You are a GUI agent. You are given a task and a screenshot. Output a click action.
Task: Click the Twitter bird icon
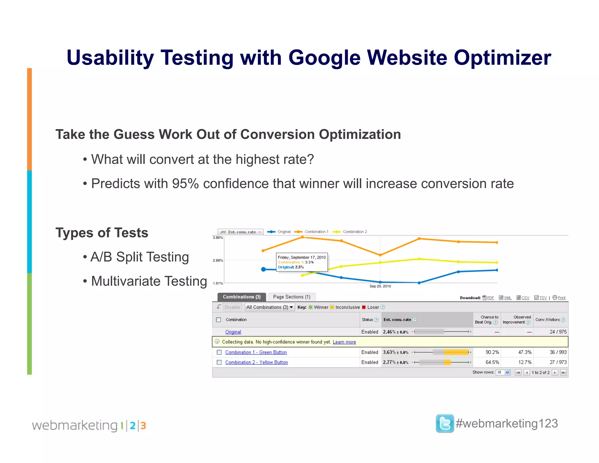tap(445, 423)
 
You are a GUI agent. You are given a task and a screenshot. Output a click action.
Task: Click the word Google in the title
tap(324, 58)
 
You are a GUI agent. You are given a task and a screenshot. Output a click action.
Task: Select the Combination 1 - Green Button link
tap(256, 352)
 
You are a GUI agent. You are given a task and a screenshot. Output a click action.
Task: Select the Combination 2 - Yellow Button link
tap(257, 362)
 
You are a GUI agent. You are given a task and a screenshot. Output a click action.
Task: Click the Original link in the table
tap(233, 332)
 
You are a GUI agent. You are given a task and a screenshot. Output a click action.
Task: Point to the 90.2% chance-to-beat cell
tap(492, 352)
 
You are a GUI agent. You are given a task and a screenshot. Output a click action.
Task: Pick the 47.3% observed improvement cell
tap(525, 352)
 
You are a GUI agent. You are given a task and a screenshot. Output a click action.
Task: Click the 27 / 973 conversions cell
tap(558, 362)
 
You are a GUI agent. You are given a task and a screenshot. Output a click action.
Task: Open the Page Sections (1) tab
tap(292, 297)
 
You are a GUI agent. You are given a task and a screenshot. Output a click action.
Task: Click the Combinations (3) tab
tap(242, 297)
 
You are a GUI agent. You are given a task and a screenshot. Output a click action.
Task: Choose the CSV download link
tap(525, 298)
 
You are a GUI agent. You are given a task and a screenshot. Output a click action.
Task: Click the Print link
tap(561, 298)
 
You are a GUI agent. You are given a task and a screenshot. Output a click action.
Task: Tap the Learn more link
tap(344, 342)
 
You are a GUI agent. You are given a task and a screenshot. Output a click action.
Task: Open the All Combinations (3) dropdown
tap(269, 307)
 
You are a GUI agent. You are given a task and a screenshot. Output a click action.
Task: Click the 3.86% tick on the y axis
tap(218, 238)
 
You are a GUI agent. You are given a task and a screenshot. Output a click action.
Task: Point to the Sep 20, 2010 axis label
tap(380, 286)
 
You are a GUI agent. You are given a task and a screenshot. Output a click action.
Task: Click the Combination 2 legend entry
tap(354, 232)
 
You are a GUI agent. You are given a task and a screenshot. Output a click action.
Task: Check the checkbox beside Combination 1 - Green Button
tap(219, 352)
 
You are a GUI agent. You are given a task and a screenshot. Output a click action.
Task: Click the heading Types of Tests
tap(102, 233)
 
